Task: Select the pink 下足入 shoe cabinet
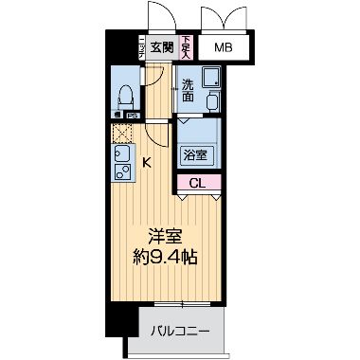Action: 187,47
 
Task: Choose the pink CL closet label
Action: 197,183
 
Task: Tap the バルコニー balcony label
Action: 180,331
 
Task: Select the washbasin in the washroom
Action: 211,99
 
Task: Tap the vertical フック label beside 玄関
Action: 142,47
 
